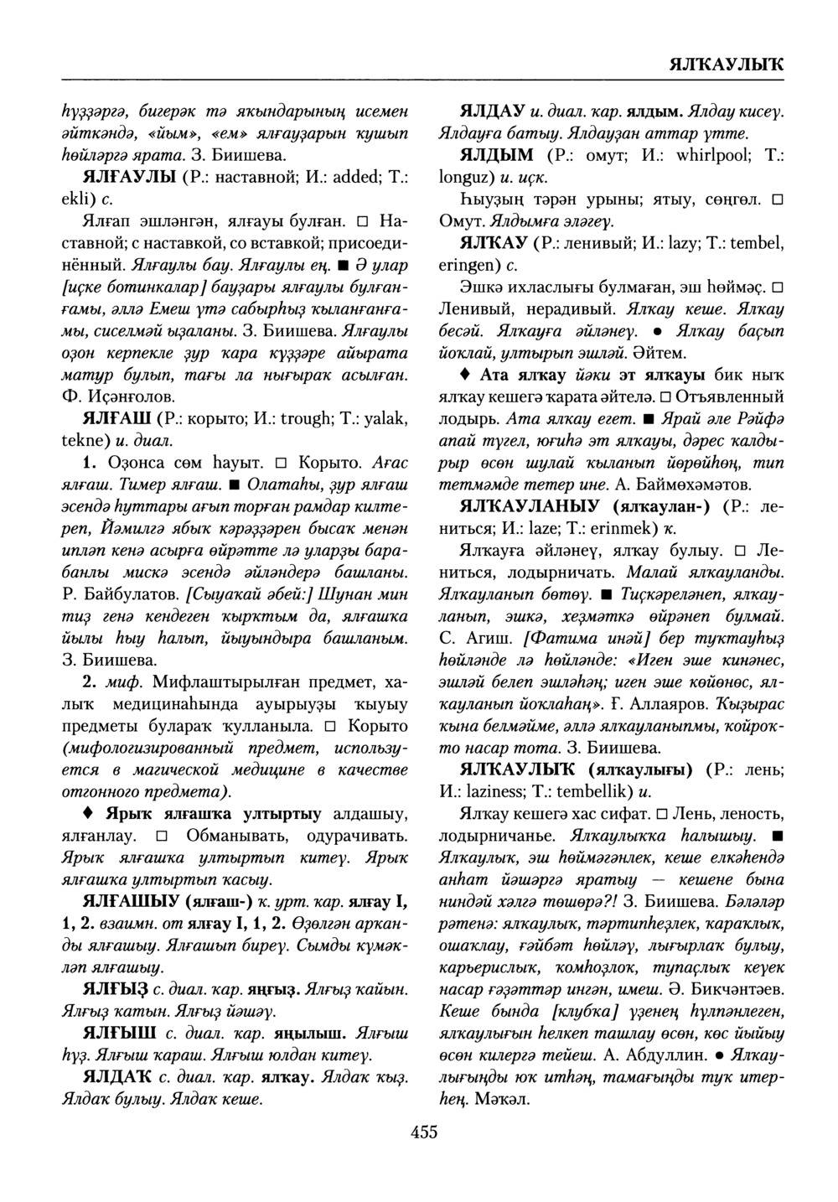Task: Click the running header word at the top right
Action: [x=726, y=65]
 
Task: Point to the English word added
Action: [x=319, y=178]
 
